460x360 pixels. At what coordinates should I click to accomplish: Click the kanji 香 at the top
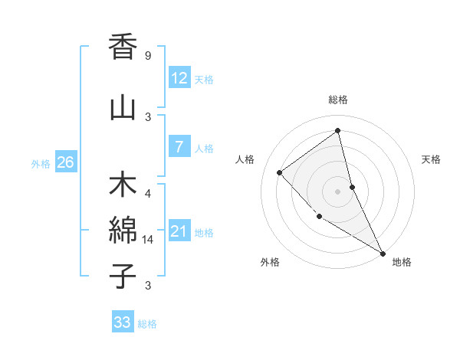point(123,47)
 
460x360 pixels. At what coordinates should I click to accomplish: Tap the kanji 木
point(123,187)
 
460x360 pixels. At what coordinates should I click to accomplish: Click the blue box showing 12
point(179,77)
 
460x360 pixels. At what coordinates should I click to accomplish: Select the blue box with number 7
point(179,146)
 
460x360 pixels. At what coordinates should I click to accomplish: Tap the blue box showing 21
point(179,231)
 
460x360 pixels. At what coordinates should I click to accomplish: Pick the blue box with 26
point(65,162)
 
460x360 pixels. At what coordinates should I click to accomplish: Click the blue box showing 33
point(123,322)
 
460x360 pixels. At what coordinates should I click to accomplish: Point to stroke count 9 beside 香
point(148,56)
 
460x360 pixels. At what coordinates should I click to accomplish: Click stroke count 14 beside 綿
point(149,240)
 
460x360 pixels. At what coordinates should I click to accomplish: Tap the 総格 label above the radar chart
point(338,100)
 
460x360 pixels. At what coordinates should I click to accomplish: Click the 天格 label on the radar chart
point(431,159)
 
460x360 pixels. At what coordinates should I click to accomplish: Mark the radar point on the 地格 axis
point(383,253)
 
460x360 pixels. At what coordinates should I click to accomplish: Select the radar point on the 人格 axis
point(280,172)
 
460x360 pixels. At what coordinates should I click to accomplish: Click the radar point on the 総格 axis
point(337,130)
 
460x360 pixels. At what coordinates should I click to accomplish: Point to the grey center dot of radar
point(337,191)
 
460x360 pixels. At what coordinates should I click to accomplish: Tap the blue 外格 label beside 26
point(41,163)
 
